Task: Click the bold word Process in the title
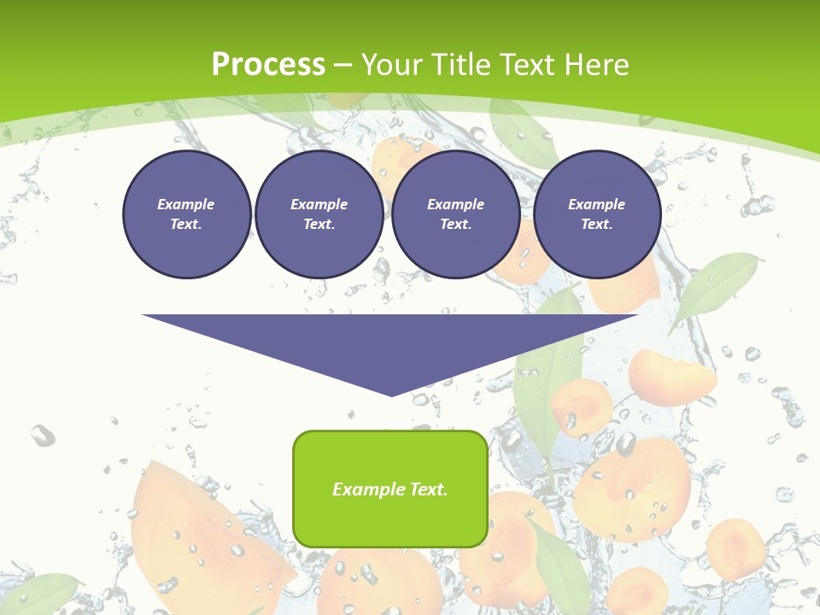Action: (x=268, y=65)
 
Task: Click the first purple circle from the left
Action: (x=186, y=214)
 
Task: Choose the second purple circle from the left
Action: (x=319, y=214)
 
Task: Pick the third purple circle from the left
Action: (x=455, y=214)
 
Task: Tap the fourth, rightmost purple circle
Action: (x=596, y=214)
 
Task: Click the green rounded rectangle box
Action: (x=390, y=489)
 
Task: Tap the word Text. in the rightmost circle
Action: (x=596, y=225)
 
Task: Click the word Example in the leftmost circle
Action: (x=186, y=205)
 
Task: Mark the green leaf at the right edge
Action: (x=716, y=287)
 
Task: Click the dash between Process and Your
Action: (x=343, y=65)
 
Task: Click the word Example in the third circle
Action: (x=455, y=205)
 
